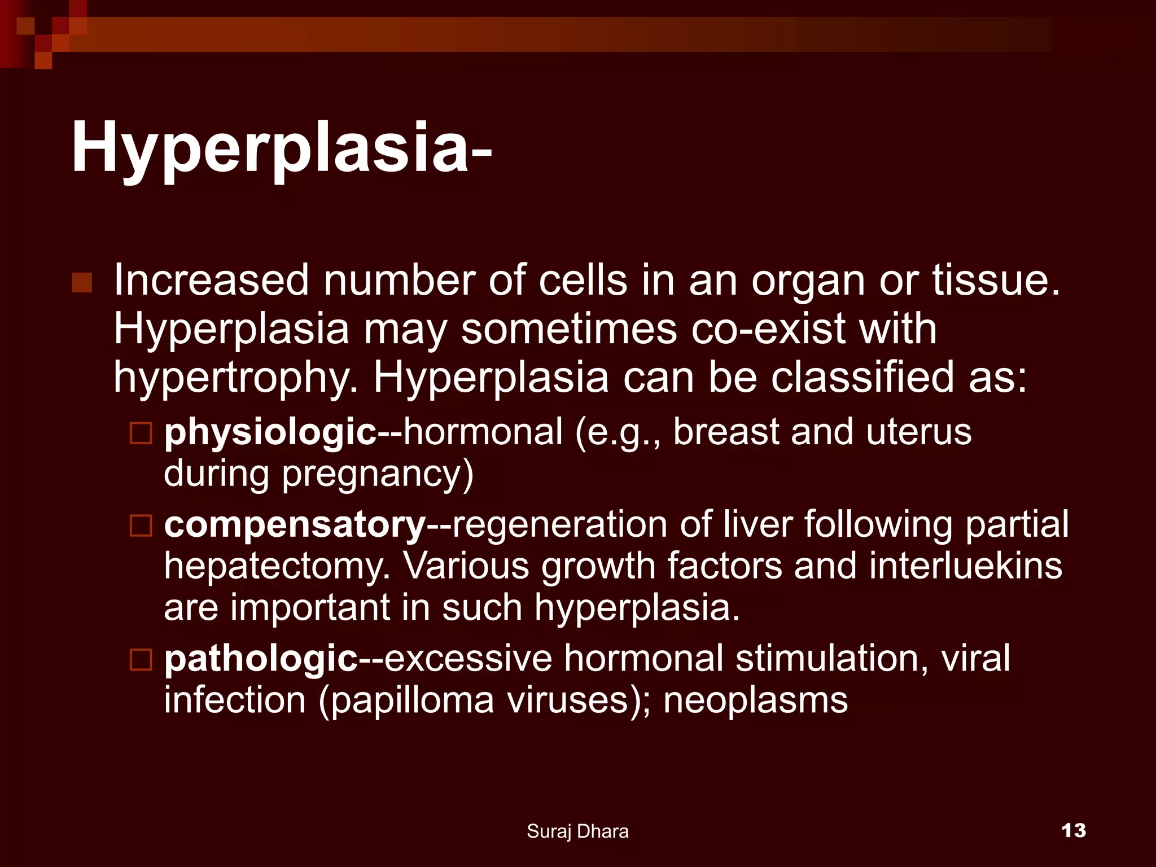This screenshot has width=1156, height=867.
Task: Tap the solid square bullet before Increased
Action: (x=82, y=282)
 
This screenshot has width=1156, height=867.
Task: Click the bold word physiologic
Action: (x=270, y=432)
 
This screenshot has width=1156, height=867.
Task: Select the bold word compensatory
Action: (x=295, y=525)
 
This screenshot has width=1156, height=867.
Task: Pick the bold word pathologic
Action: (x=261, y=659)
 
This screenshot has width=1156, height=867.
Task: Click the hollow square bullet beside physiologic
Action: (x=141, y=433)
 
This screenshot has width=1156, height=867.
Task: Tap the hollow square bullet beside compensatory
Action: (x=141, y=526)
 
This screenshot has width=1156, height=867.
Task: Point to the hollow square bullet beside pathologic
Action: (x=141, y=659)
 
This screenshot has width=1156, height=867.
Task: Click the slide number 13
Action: (x=1073, y=830)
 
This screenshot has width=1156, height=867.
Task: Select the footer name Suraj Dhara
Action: (x=577, y=831)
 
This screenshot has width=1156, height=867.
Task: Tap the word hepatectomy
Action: (x=277, y=566)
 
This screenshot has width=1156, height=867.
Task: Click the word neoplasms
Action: (x=755, y=700)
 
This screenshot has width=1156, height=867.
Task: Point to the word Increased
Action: (x=212, y=281)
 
